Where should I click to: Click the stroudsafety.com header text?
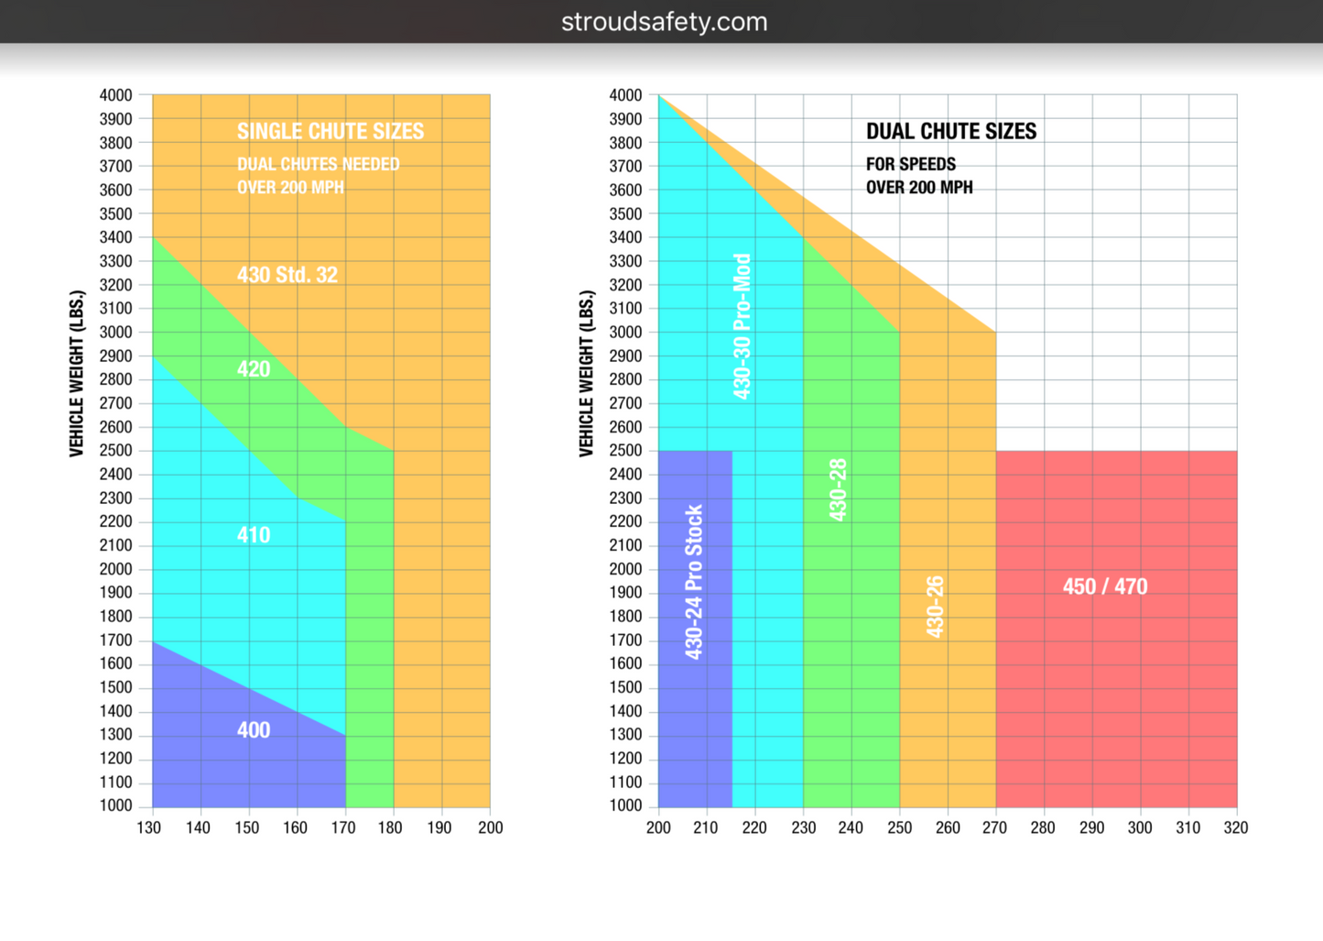click(x=664, y=22)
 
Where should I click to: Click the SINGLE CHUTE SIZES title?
click(x=331, y=131)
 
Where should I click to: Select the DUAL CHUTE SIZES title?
click(x=951, y=131)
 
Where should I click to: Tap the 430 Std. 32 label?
click(x=287, y=275)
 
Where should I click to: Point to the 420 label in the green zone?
click(x=254, y=369)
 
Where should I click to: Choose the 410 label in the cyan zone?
click(x=254, y=535)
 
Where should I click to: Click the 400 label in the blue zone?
click(x=254, y=730)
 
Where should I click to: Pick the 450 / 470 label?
click(x=1105, y=586)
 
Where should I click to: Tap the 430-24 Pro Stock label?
click(x=694, y=582)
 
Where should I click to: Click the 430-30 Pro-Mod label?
click(x=743, y=326)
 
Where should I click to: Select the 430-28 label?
click(x=838, y=490)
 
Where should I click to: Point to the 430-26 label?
click(x=934, y=607)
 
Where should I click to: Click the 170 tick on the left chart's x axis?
click(x=343, y=827)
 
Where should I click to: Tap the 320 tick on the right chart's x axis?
click(x=1236, y=827)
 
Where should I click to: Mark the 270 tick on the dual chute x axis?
click(x=994, y=827)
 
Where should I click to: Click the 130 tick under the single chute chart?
click(x=149, y=827)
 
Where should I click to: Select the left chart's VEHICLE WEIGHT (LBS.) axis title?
click(x=77, y=373)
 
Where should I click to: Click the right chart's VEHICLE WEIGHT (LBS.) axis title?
click(x=586, y=373)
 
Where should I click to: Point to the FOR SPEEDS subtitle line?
click(x=911, y=165)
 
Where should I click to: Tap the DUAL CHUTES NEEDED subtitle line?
click(x=319, y=165)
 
